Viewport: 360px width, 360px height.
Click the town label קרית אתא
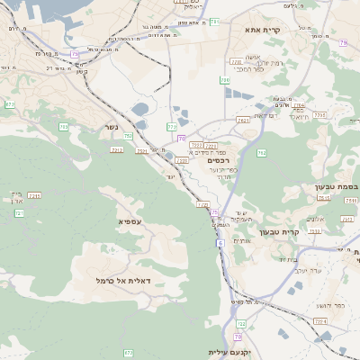point(264,30)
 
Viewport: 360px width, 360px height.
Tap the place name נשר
point(112,127)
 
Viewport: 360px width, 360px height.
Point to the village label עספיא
point(130,220)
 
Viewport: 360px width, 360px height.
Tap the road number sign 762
point(261,152)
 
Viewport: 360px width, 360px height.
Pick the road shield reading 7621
point(242,120)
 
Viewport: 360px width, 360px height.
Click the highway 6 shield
point(220,243)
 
